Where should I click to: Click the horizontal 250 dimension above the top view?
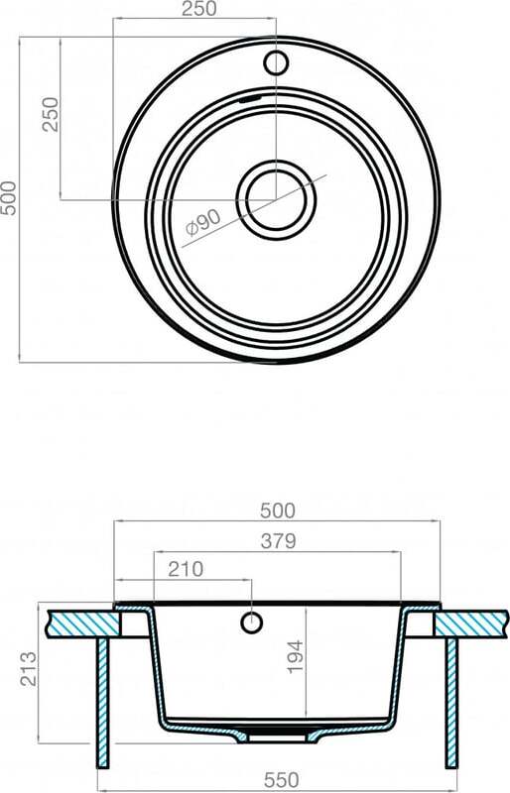(x=199, y=9)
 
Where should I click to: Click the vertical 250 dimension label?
(x=51, y=114)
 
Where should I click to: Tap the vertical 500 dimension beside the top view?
(x=9, y=198)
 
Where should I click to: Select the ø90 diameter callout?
(x=203, y=223)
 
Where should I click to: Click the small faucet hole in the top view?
(x=276, y=62)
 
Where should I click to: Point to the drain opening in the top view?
(x=276, y=199)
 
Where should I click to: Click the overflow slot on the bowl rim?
(x=251, y=97)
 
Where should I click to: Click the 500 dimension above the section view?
(x=278, y=510)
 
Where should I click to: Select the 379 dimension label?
(x=278, y=541)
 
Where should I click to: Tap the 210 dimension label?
(x=186, y=569)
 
